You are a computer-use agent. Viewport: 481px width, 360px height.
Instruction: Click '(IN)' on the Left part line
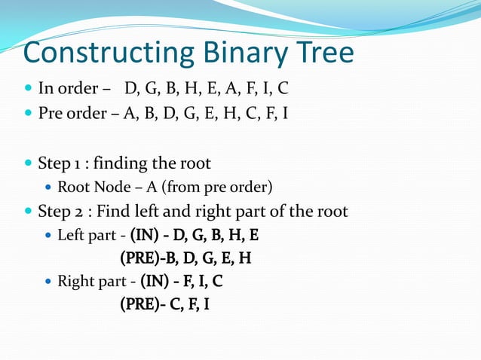[x=143, y=235]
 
